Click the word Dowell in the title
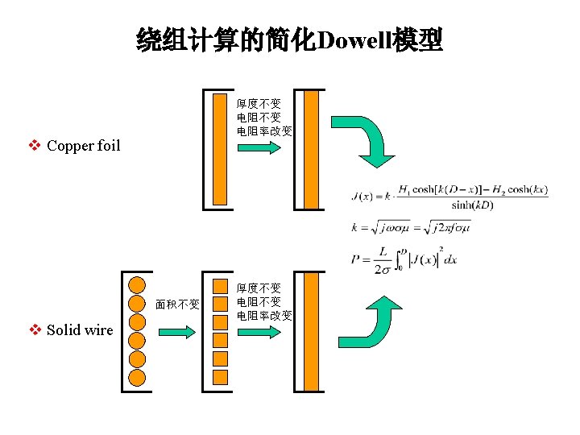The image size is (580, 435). pyautogui.click(x=355, y=39)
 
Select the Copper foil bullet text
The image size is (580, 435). pyautogui.click(x=83, y=146)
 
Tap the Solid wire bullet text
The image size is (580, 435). pyautogui.click(x=80, y=329)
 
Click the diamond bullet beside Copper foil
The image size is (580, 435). pyautogui.click(x=35, y=146)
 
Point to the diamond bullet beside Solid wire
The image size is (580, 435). pyautogui.click(x=35, y=329)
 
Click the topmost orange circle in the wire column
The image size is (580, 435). pyautogui.click(x=137, y=284)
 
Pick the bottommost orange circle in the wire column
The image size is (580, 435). pyautogui.click(x=137, y=377)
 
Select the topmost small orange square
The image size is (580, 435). pyautogui.click(x=220, y=287)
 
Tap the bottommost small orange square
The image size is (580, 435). pyautogui.click(x=220, y=375)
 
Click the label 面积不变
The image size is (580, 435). pyautogui.click(x=177, y=304)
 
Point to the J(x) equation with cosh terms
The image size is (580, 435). pyautogui.click(x=450, y=197)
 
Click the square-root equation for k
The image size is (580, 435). pyautogui.click(x=411, y=228)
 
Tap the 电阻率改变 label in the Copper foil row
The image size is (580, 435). pyautogui.click(x=264, y=130)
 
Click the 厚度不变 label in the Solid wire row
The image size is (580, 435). pyautogui.click(x=259, y=288)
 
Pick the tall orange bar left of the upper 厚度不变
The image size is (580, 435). pyautogui.click(x=220, y=150)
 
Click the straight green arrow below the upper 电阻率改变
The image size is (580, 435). pyautogui.click(x=259, y=148)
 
